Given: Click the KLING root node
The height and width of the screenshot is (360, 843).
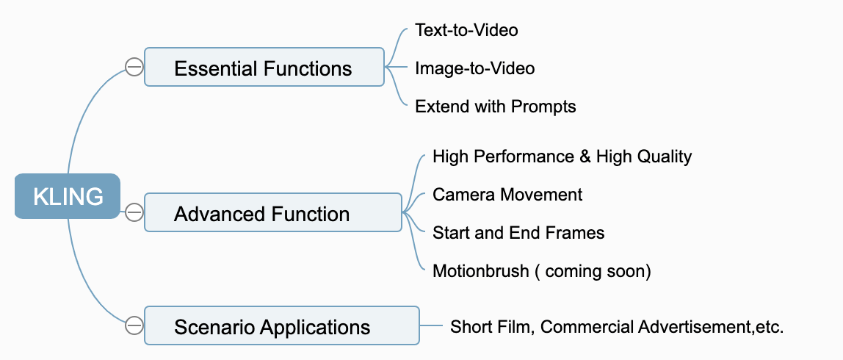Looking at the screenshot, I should [x=68, y=196].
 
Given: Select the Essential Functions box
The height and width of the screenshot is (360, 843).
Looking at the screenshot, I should [x=264, y=68].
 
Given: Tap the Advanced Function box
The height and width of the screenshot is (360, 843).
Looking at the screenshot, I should [x=272, y=214].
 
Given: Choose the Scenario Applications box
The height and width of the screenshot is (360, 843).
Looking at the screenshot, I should [x=281, y=325].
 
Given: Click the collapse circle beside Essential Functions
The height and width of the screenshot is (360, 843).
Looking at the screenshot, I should [x=134, y=68].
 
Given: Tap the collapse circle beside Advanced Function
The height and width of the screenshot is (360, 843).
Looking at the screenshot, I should [x=134, y=213].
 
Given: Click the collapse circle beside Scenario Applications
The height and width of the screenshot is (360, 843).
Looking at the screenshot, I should [x=134, y=325].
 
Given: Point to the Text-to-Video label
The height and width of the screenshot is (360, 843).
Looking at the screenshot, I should [x=466, y=30].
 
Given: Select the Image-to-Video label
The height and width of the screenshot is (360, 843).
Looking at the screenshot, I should [x=474, y=68].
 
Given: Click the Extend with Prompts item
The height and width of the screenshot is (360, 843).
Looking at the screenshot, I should [x=495, y=107].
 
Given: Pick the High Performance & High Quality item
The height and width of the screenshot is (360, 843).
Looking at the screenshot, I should [x=562, y=156].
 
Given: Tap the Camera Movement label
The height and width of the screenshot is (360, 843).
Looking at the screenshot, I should [x=507, y=195].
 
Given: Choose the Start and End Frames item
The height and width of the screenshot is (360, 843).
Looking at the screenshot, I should [x=518, y=233].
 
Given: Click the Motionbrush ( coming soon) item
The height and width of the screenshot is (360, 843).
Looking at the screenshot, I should [x=541, y=271].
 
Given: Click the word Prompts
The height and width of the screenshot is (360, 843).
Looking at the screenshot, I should [x=543, y=107].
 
